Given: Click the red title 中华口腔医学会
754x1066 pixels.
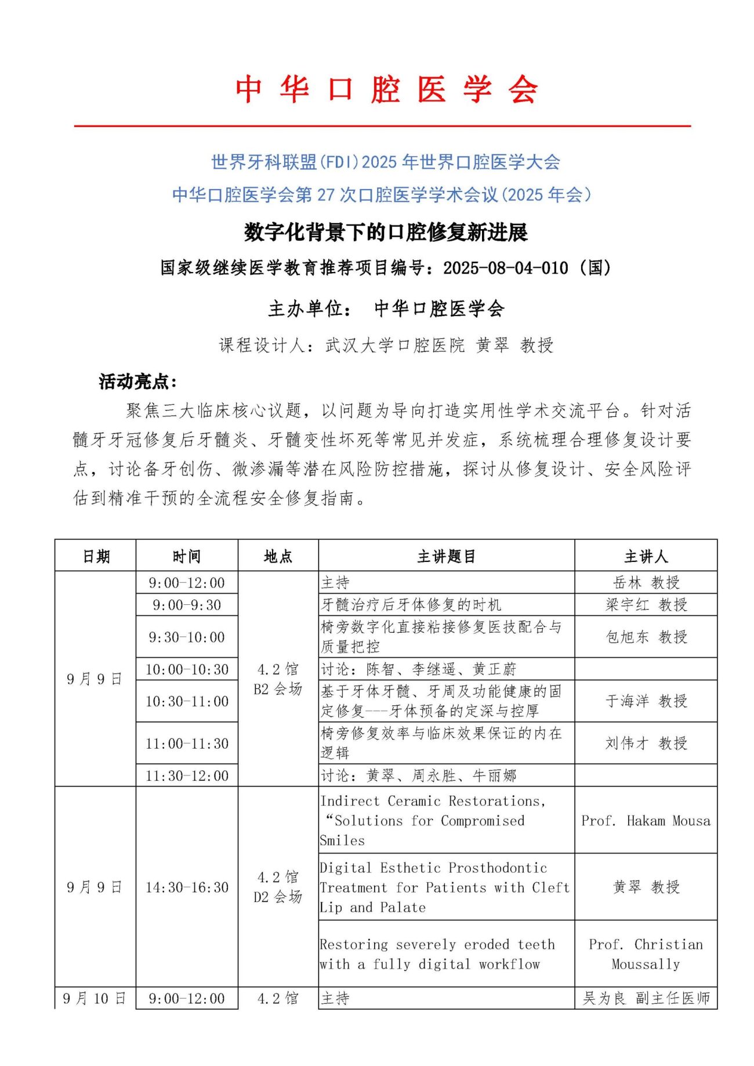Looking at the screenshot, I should (x=386, y=90).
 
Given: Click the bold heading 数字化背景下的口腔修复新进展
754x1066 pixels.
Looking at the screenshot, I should (x=386, y=233).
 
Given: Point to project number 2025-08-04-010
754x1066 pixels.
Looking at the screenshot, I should (x=505, y=268).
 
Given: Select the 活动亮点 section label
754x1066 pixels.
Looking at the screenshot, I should (x=137, y=382).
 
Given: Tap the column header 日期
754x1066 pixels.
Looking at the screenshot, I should (x=96, y=557).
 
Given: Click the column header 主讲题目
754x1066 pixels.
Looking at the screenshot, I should (x=446, y=557).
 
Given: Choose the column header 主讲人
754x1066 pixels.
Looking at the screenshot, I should (x=646, y=557).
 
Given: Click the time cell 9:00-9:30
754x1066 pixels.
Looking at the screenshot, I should (x=187, y=605).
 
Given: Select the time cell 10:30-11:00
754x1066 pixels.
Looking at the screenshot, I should (x=187, y=701).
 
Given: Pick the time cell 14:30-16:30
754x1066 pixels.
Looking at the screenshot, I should (x=187, y=887).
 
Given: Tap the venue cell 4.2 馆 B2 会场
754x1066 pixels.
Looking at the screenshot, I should (x=278, y=679).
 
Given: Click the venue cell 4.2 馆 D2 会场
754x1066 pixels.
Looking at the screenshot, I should (x=278, y=887).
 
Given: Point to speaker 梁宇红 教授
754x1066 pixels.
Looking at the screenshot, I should (x=646, y=605).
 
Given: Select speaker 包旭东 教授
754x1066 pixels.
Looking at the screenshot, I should (x=646, y=637).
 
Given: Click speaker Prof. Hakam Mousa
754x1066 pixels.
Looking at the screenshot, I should (x=646, y=821).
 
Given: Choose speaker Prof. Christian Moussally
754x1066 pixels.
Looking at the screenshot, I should (x=646, y=954).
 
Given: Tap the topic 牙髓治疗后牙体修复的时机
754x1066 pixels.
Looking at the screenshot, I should (x=411, y=605).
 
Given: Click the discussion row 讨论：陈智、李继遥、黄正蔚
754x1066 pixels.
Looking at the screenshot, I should (x=418, y=669).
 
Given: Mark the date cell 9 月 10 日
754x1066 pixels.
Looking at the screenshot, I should (x=95, y=998).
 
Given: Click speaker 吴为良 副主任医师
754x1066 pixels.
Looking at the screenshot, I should (x=646, y=998).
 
